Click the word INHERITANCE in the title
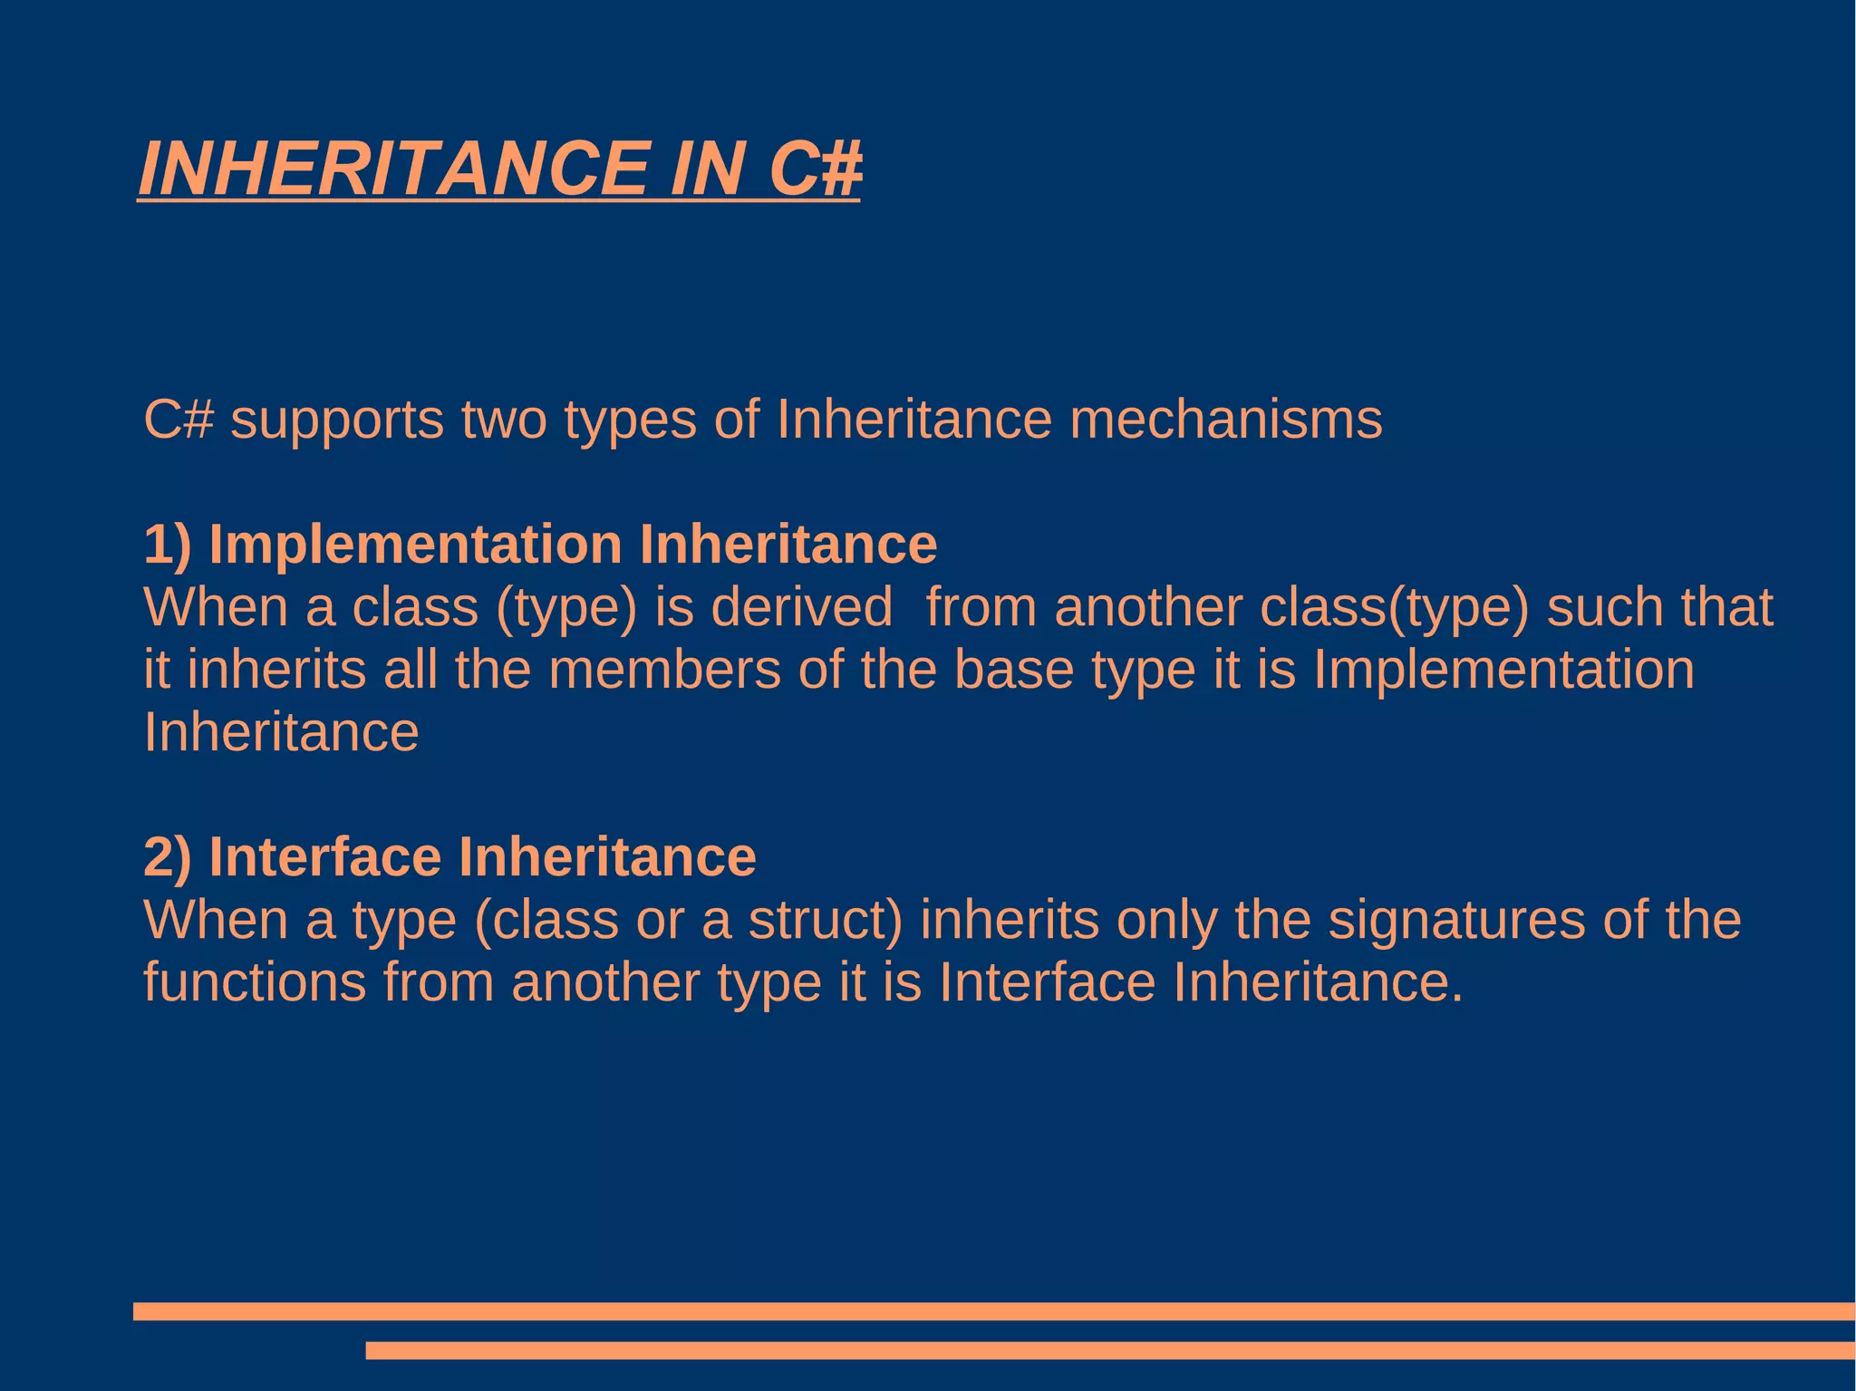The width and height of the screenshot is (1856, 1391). click(x=393, y=169)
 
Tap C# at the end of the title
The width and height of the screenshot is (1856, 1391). click(x=814, y=169)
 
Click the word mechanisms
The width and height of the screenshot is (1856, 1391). click(x=1225, y=420)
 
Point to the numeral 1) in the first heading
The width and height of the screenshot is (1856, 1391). click(x=168, y=545)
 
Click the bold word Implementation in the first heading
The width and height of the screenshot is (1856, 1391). click(x=415, y=545)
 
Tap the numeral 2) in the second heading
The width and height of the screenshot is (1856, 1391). click(x=168, y=857)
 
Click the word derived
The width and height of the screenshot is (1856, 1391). click(x=801, y=607)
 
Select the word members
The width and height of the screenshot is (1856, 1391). click(x=664, y=670)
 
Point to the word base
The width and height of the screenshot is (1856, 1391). click(x=1013, y=670)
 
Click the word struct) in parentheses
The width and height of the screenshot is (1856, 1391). click(x=826, y=920)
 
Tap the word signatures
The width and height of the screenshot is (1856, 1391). click(x=1456, y=920)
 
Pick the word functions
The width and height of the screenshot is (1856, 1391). click(x=255, y=982)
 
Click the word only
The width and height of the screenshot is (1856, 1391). click(x=1166, y=922)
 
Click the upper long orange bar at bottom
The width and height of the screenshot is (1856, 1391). click(x=993, y=1311)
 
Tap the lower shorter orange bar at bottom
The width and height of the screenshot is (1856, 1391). click(x=1109, y=1350)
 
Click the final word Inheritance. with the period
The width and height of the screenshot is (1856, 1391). click(x=1319, y=982)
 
